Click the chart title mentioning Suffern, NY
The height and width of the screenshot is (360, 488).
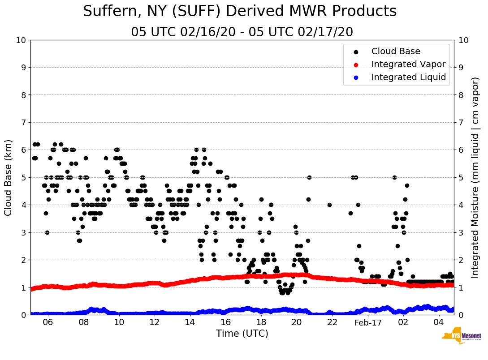(240, 12)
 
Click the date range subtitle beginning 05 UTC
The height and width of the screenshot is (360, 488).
(242, 32)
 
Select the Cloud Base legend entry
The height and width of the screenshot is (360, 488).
(396, 51)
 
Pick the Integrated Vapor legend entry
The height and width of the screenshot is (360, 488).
(408, 64)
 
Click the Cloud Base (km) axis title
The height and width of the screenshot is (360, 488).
(9, 177)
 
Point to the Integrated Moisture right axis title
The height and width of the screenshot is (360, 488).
(475, 177)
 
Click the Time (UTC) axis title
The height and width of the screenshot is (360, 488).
(242, 334)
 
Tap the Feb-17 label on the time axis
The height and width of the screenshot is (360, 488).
(367, 322)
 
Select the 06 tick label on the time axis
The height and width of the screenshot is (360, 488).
(48, 322)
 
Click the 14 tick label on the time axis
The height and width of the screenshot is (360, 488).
(190, 322)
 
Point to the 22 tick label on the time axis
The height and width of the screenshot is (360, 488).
(332, 322)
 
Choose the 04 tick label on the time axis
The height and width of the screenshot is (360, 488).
(439, 322)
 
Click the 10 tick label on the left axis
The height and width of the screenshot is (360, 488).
(21, 40)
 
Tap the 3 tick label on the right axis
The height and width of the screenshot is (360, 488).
(461, 232)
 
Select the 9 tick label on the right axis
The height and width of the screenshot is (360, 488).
(461, 67)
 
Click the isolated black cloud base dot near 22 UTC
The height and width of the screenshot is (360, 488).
(329, 205)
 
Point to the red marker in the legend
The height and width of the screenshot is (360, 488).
(356, 64)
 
